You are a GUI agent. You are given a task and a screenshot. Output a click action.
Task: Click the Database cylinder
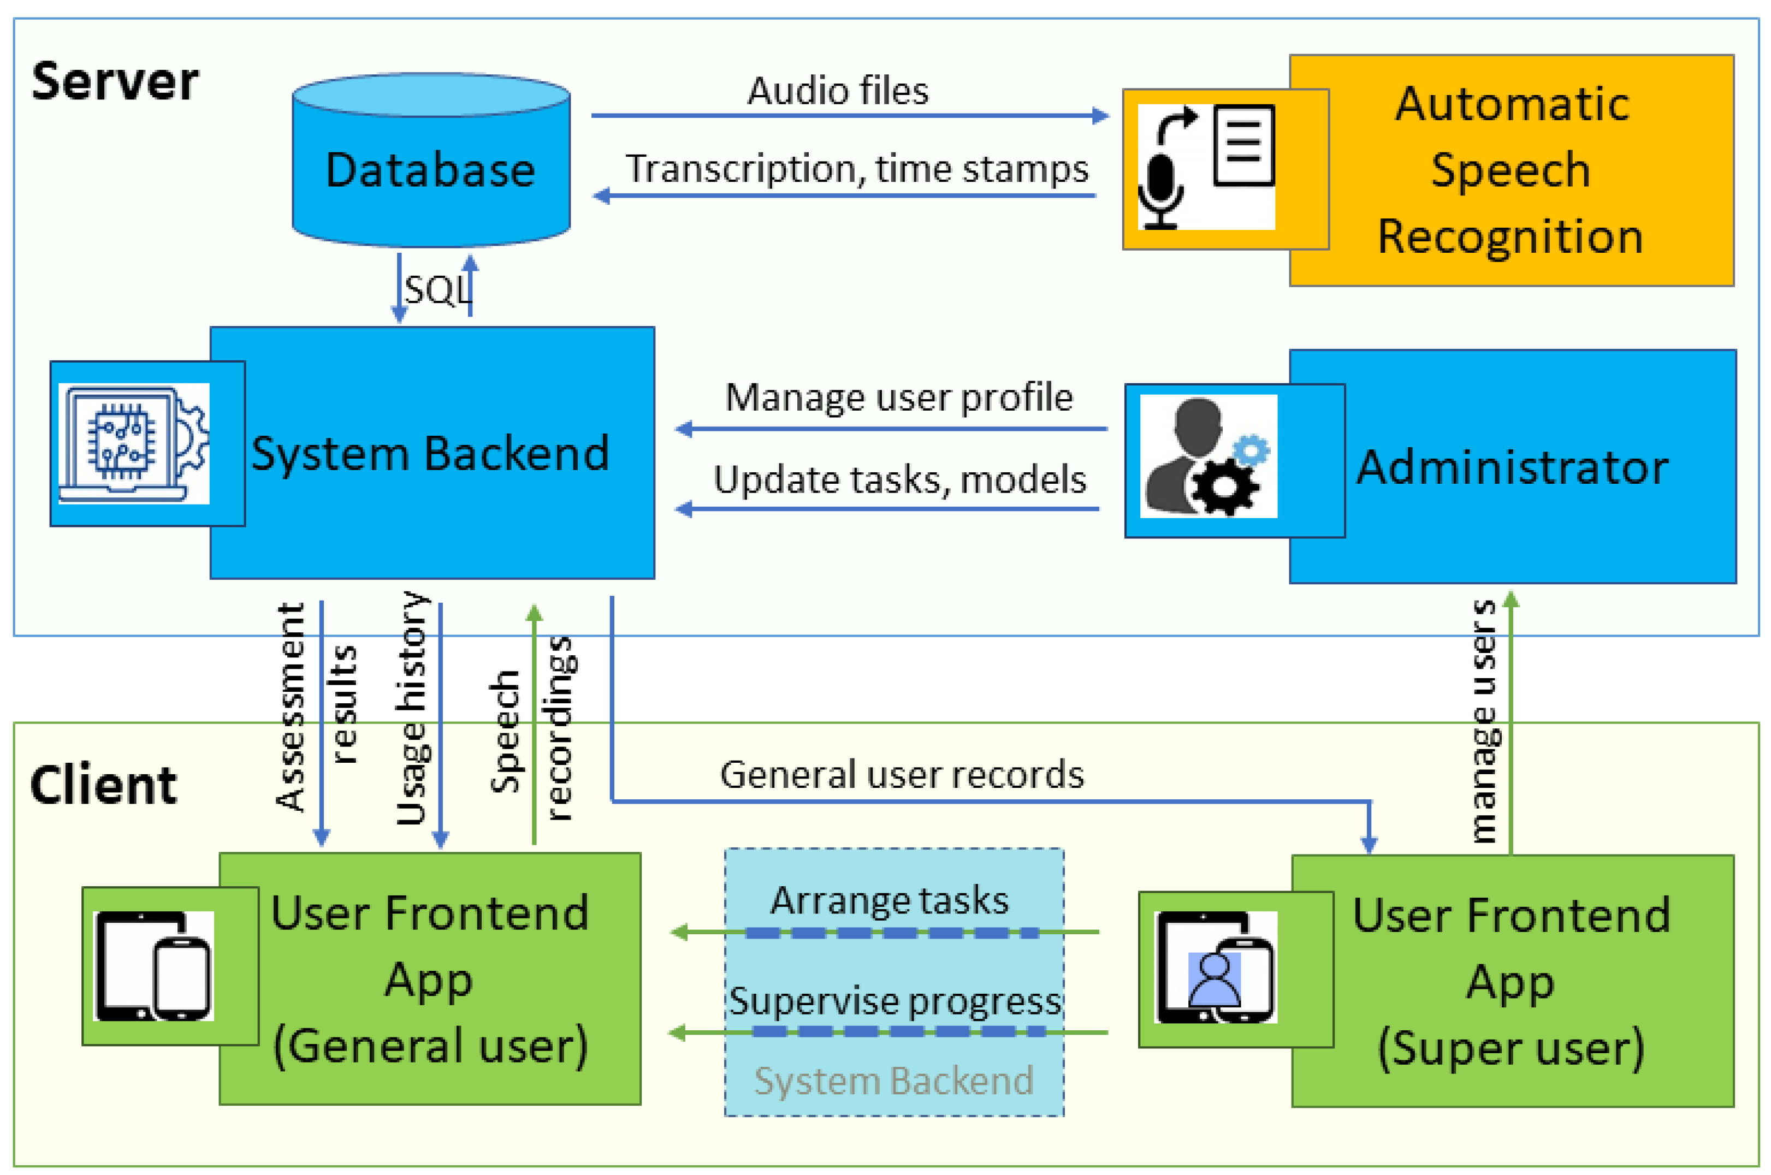431,169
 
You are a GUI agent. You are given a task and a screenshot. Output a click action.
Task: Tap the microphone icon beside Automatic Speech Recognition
1160,191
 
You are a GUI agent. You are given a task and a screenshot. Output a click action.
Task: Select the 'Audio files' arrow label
838,91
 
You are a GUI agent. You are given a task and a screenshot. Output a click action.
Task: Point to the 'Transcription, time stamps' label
857,169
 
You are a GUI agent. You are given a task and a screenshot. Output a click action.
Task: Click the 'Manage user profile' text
899,397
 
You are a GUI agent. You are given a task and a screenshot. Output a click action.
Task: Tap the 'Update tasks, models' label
899,479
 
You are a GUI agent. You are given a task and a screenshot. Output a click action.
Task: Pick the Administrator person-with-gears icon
1207,455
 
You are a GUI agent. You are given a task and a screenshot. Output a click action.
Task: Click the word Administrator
1513,467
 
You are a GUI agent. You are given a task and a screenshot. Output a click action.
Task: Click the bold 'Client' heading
103,785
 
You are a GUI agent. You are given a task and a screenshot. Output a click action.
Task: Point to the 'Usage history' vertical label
412,708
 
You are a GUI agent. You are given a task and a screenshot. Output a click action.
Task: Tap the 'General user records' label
902,775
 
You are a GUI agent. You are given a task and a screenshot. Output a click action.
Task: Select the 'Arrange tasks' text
890,900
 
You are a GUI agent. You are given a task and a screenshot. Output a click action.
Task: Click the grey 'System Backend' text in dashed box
893,1081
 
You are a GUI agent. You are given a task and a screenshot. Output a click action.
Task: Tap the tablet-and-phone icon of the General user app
153,966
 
